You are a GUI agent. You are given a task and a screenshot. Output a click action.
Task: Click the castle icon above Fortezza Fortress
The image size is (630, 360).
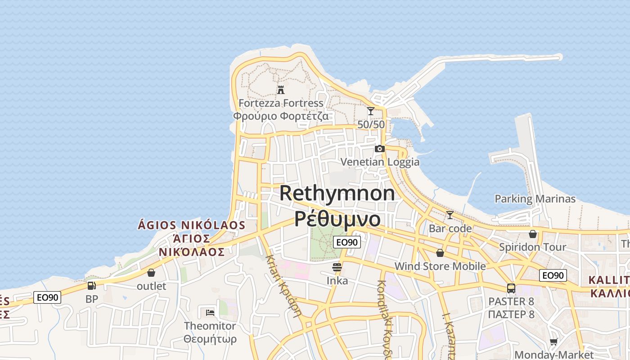(281, 90)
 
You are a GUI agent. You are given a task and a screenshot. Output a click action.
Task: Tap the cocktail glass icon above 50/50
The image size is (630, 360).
(371, 111)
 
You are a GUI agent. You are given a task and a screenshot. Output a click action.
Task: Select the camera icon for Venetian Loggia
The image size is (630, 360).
(380, 148)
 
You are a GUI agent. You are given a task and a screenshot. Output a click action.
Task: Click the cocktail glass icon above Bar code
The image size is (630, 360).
(450, 215)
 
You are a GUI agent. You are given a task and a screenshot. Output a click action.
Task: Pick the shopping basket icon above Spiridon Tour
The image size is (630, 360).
(533, 234)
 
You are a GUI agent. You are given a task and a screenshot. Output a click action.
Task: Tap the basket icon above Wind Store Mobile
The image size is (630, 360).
(440, 253)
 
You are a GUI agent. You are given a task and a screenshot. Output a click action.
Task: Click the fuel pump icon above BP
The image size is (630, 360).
(91, 285)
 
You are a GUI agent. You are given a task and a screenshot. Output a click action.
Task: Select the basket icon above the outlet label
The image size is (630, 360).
(151, 273)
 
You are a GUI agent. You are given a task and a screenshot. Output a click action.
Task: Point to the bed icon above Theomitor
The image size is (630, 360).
(210, 312)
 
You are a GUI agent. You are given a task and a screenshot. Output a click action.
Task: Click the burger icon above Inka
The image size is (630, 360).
(337, 267)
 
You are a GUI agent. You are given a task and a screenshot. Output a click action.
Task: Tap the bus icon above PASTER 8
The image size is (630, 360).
(511, 288)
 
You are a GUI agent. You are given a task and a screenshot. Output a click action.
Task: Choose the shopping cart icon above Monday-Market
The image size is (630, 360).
(554, 342)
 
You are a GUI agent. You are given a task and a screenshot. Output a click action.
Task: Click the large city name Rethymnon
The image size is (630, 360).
(337, 193)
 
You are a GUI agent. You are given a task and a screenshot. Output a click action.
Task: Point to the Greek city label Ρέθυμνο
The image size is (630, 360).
(337, 219)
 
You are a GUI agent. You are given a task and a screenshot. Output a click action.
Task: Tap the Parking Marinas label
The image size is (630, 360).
(535, 199)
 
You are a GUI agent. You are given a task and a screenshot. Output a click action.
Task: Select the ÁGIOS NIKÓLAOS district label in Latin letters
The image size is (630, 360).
(191, 225)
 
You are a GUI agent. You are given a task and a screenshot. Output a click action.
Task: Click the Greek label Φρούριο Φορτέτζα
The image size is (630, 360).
(281, 116)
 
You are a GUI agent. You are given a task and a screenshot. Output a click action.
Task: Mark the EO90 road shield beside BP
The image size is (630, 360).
(47, 297)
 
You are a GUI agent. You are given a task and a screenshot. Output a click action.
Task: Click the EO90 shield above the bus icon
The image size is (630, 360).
(553, 275)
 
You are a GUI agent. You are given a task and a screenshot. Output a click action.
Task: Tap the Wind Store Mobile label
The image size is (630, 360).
(440, 266)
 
